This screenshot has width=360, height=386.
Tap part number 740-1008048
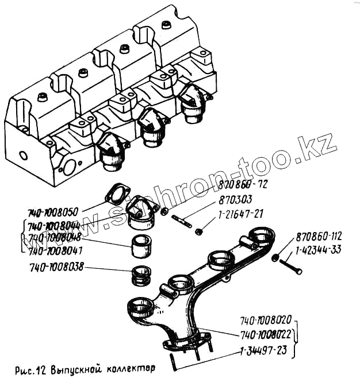pyautogui.click(x=56, y=237)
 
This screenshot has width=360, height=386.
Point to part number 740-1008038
pyautogui.click(x=56, y=268)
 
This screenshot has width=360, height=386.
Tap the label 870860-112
pyautogui.click(x=326, y=237)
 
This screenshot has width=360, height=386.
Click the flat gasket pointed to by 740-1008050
pyautogui.click(x=114, y=195)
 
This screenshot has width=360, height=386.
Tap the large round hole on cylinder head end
pyautogui.click(x=68, y=169)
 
